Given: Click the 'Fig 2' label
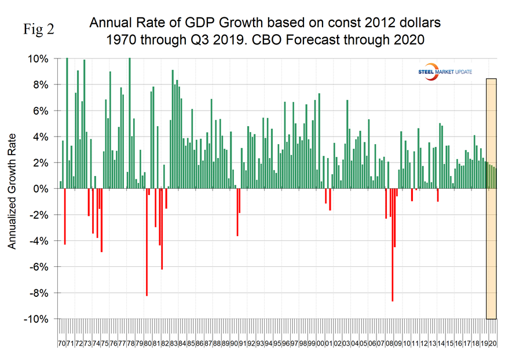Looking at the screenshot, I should tap(38, 30).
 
